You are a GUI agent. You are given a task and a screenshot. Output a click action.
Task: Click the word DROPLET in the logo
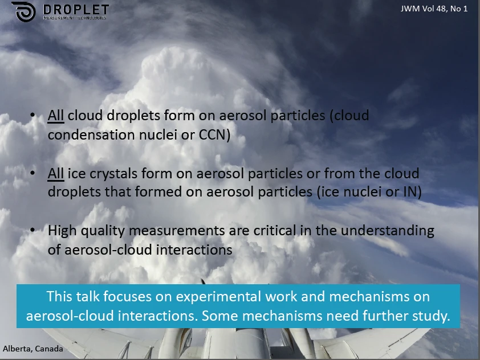click(76, 10)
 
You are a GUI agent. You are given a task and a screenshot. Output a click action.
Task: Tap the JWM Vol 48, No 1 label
click(434, 9)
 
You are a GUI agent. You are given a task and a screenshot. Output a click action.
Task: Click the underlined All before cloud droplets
click(56, 116)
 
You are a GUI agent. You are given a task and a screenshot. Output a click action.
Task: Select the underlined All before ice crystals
click(56, 174)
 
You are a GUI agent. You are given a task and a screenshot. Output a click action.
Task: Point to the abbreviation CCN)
click(214, 135)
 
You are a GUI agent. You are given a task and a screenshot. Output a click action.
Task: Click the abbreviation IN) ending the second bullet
click(413, 192)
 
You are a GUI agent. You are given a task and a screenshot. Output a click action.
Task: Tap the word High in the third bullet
click(62, 231)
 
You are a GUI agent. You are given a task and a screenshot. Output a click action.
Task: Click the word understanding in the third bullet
click(387, 231)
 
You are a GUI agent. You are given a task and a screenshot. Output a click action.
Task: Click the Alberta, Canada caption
click(33, 349)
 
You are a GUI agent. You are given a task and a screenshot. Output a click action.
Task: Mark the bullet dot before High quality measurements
click(32, 230)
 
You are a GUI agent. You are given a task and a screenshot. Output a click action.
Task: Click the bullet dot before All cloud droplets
click(32, 115)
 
